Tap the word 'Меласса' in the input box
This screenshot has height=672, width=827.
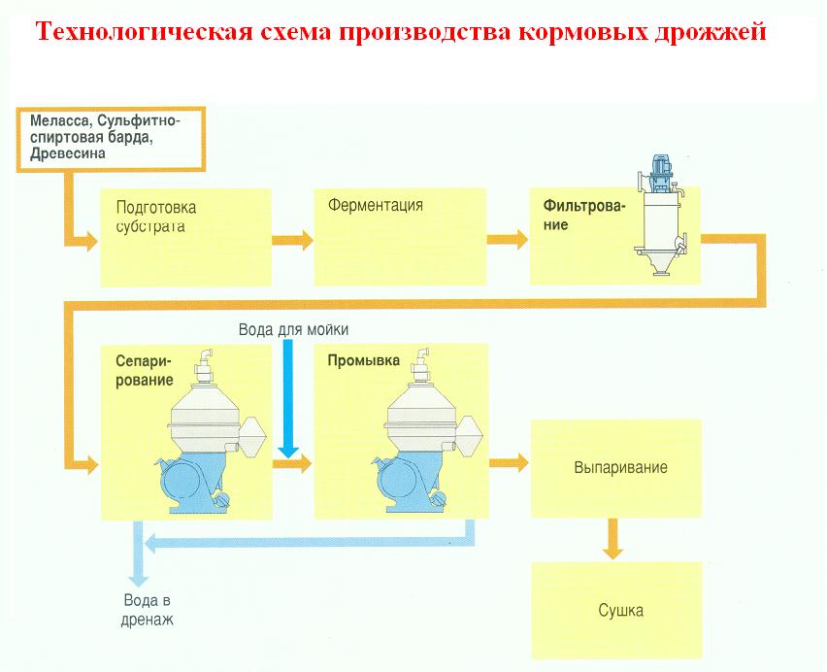coord(59,121)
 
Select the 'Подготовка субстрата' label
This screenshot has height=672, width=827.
coord(155,217)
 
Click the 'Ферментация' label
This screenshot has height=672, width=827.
coord(375,206)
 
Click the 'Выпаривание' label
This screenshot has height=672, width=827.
coord(622,468)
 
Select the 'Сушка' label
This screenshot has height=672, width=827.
coord(621,612)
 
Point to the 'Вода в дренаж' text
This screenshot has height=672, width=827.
coord(148,609)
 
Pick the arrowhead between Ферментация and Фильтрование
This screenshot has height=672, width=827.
coord(520,237)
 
